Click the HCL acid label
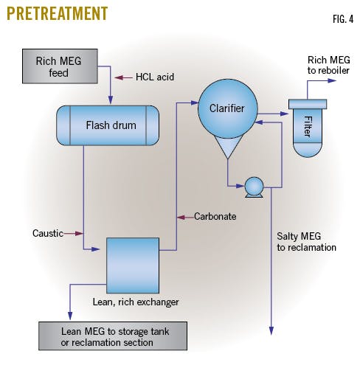156,76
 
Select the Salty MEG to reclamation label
306,242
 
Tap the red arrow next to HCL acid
122,76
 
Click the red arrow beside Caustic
72,233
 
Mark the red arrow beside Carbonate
184,217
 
